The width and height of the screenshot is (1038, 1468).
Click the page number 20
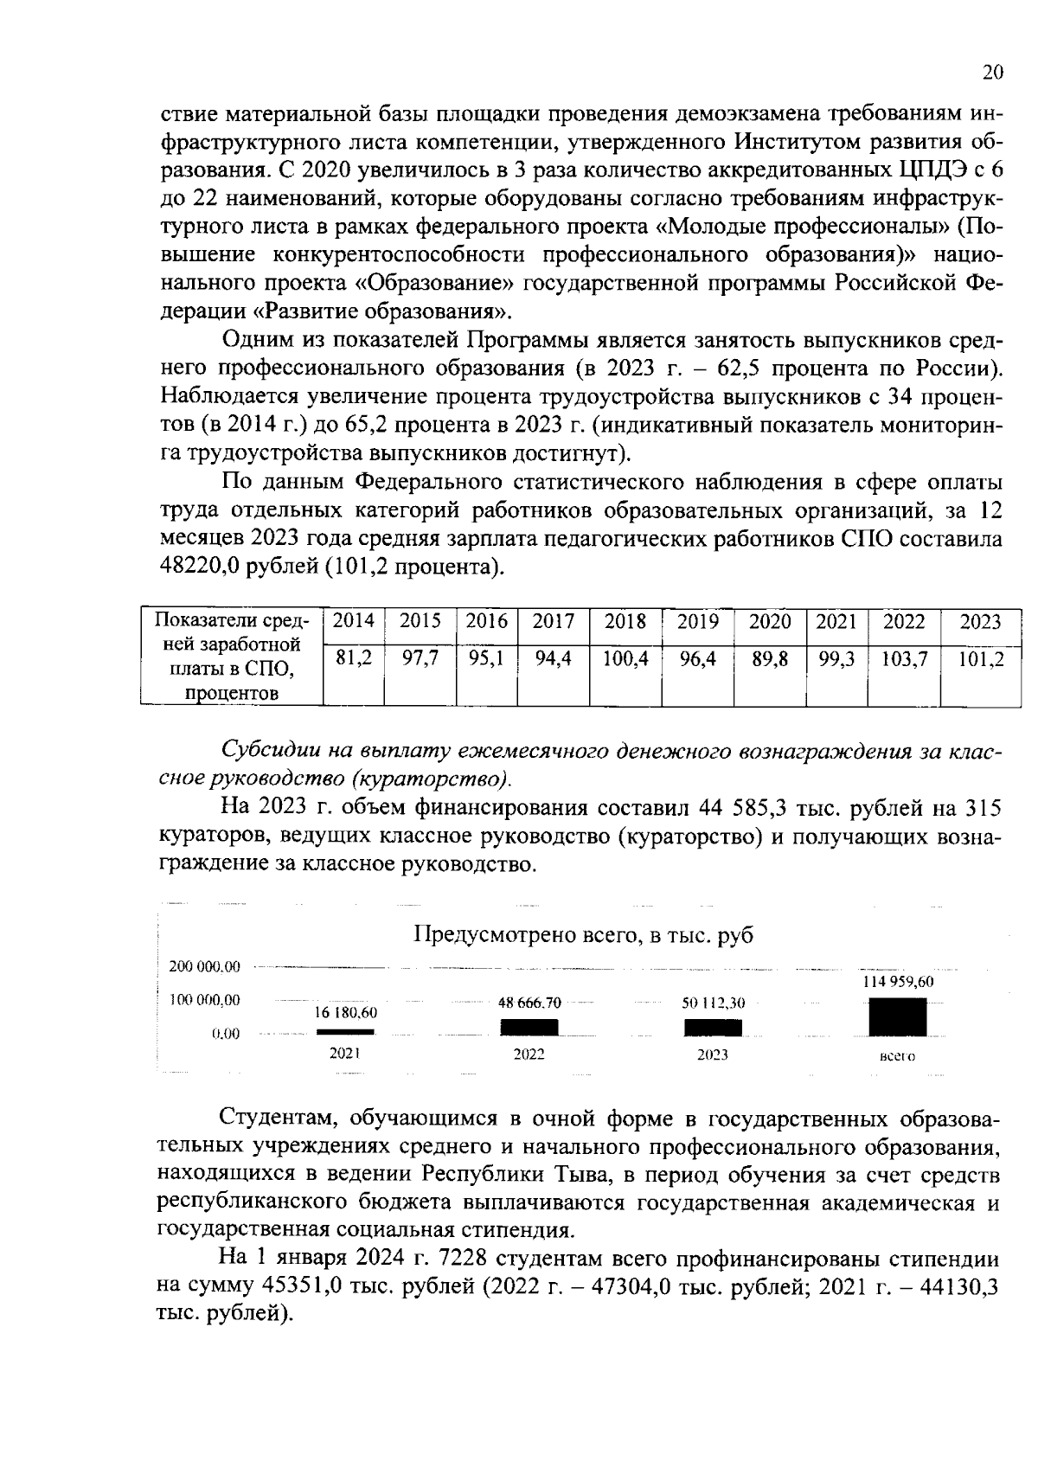click(992, 73)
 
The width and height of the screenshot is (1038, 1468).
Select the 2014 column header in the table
click(353, 621)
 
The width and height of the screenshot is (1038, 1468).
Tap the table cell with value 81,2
click(353, 659)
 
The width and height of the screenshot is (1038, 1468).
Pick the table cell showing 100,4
click(625, 659)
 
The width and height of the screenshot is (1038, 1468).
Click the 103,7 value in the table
click(904, 659)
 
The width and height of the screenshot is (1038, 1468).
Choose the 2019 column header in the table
click(697, 621)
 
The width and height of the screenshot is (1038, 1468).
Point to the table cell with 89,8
click(769, 659)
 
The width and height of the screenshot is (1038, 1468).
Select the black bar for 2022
click(529, 1027)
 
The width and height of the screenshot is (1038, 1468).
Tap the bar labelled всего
click(897, 1016)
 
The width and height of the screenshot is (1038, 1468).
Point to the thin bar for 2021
click(345, 1032)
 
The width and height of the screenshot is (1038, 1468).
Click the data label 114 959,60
click(898, 983)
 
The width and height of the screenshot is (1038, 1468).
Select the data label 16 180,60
click(345, 1012)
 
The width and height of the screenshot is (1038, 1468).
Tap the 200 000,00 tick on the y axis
click(205, 966)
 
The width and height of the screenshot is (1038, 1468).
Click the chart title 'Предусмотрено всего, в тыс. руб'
click(584, 935)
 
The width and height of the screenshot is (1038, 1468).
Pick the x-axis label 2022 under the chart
click(529, 1055)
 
